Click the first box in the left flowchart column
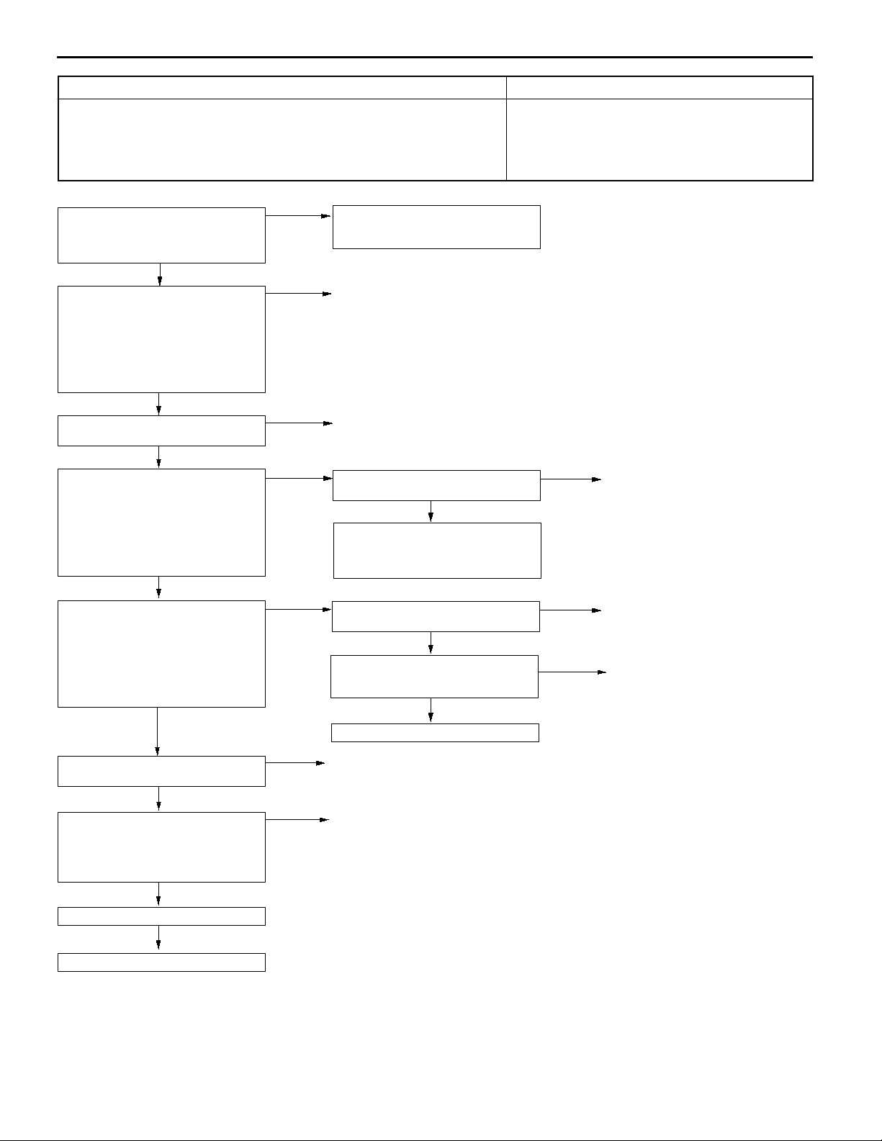(x=161, y=235)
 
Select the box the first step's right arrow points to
(x=436, y=227)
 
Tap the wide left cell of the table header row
(x=282, y=87)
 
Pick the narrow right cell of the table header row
(x=660, y=87)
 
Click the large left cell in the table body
(x=282, y=139)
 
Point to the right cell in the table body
(x=660, y=139)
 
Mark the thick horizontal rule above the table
(x=435, y=57)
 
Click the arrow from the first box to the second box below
(x=160, y=274)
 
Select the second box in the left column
(x=161, y=339)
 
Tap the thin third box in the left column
(x=161, y=430)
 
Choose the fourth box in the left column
(x=161, y=523)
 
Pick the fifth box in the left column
(x=161, y=654)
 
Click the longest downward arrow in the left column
(x=157, y=731)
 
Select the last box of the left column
(x=161, y=962)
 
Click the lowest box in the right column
(x=435, y=732)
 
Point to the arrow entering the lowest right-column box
(x=431, y=711)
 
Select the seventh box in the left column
(x=161, y=847)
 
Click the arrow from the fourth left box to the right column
(x=299, y=477)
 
